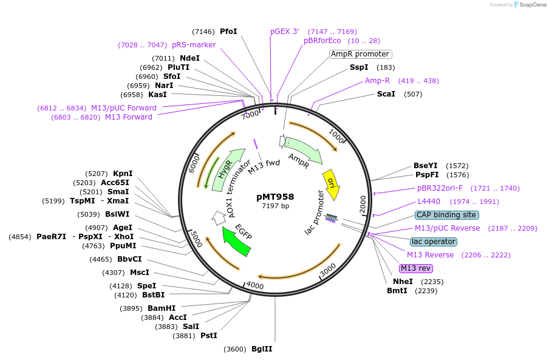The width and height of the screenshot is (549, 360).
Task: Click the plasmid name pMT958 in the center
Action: [x=275, y=197]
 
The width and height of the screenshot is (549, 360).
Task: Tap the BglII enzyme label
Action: [x=262, y=349]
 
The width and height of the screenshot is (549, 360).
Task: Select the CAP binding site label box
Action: [x=446, y=215]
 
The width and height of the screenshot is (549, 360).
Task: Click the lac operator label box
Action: [x=434, y=242]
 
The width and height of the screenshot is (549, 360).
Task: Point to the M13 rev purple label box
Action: [x=415, y=268]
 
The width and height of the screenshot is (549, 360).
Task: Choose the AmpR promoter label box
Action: [x=360, y=54]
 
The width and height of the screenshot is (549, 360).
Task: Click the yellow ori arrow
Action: [x=332, y=185]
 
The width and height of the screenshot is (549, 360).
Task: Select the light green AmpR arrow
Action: [x=304, y=152]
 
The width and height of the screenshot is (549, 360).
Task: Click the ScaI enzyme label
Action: [x=386, y=94]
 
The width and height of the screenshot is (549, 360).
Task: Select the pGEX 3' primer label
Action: [x=285, y=32]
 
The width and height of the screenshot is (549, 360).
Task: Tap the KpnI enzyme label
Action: [x=123, y=174]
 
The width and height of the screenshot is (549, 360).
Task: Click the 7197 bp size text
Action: [x=275, y=206]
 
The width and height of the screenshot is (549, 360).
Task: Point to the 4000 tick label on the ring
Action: [x=256, y=286]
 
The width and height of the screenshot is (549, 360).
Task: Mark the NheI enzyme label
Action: [x=403, y=282]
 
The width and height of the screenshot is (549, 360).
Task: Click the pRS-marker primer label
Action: [x=194, y=45]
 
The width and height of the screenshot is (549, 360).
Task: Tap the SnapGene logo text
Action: [x=533, y=5]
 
